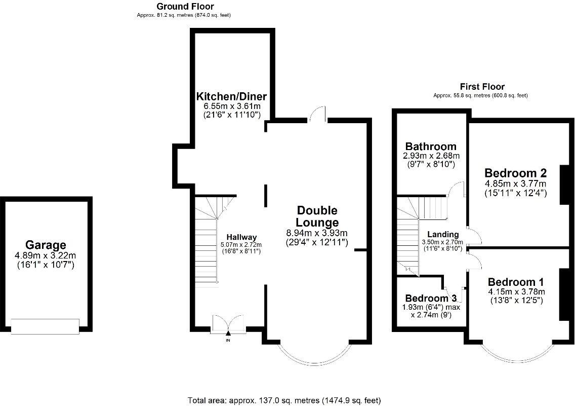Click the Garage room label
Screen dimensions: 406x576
click(x=46, y=245)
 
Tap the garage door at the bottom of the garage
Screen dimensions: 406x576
click(x=46, y=326)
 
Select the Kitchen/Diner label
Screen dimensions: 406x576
click(x=231, y=96)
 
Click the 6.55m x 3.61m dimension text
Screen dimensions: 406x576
click(x=231, y=106)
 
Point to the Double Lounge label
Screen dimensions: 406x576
click(x=317, y=216)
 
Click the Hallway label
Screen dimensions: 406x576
click(x=241, y=237)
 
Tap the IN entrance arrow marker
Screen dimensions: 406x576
click(x=228, y=334)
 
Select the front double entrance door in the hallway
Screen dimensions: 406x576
click(x=228, y=323)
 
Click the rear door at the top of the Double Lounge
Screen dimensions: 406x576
click(x=317, y=115)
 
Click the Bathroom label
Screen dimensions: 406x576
click(x=431, y=147)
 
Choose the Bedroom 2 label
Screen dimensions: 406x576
click(x=515, y=172)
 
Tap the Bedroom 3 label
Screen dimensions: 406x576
click(x=428, y=298)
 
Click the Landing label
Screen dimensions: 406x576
click(x=443, y=235)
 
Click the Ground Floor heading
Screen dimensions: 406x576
click(x=185, y=7)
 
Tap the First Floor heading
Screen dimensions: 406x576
click(x=482, y=87)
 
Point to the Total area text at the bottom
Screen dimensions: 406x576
click(x=284, y=400)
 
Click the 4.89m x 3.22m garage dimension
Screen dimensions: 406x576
click(x=46, y=255)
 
